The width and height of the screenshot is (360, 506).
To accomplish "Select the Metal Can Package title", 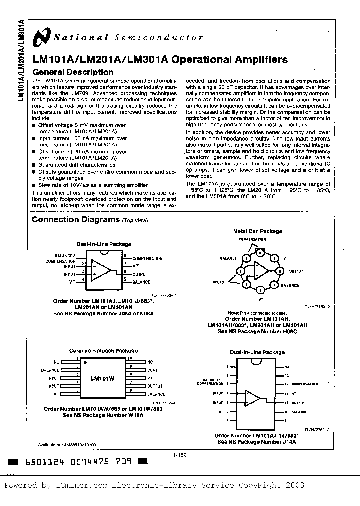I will (258, 231).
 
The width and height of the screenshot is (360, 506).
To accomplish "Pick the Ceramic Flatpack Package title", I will (103, 351).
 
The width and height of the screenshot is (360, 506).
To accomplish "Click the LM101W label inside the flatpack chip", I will (102, 378).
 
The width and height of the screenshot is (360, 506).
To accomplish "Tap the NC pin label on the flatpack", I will (56, 361).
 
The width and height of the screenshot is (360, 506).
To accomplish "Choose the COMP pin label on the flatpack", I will (153, 370).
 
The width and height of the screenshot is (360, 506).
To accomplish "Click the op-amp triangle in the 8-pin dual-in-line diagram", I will (102, 270).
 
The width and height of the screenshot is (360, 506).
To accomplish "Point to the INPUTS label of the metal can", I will (218, 282).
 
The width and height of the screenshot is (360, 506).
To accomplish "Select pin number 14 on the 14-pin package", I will (287, 367).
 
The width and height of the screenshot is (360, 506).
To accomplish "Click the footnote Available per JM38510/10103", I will (67, 444).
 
